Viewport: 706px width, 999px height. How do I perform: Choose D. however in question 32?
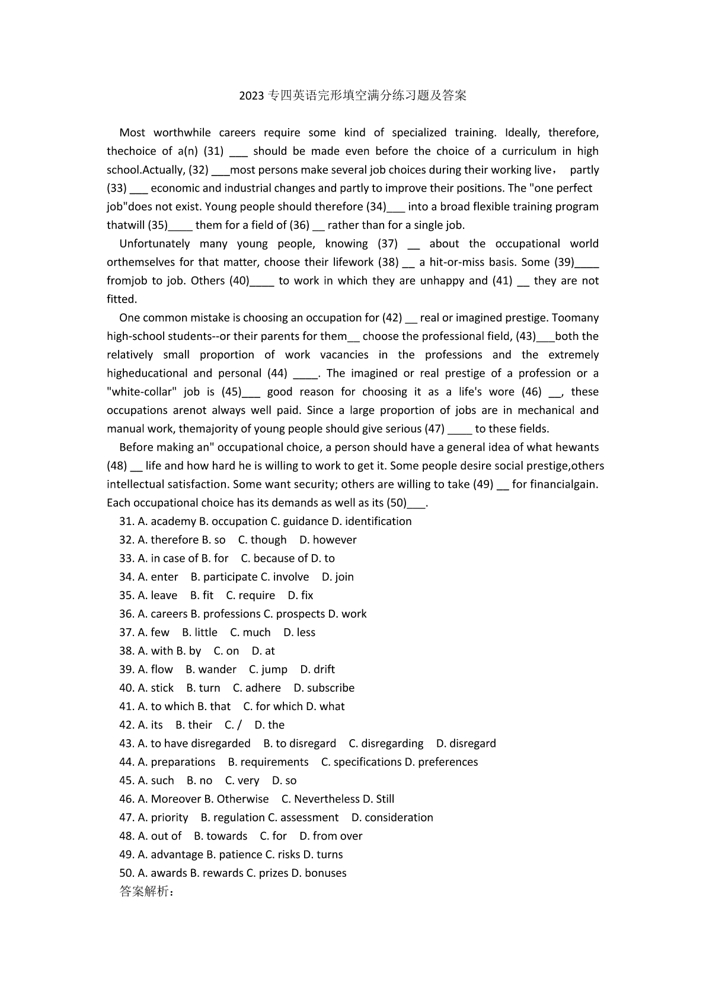coord(328,540)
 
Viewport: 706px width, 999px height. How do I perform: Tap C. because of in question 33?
coord(274,558)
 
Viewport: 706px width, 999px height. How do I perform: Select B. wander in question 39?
coord(211,669)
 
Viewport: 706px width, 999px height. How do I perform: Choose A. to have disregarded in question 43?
coord(194,743)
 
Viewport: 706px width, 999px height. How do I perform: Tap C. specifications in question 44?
coord(361,762)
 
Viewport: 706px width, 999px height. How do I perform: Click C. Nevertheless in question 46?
coord(320,799)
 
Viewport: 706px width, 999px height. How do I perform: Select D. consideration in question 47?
coord(392,817)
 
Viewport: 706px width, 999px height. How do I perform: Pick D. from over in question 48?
coord(331,836)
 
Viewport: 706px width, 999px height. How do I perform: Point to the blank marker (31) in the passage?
coord(213,151)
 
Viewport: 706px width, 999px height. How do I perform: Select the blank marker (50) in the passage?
coord(397,503)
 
